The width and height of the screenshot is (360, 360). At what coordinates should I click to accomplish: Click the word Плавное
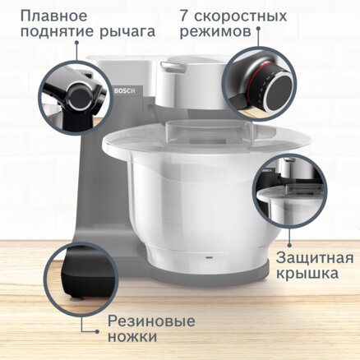[54, 16]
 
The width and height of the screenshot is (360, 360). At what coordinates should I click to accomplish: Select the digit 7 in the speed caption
[184, 16]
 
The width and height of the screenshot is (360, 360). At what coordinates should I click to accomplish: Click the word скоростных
[241, 16]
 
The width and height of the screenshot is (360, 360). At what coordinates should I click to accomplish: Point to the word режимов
[215, 32]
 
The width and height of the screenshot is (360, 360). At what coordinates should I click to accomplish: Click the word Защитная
[315, 259]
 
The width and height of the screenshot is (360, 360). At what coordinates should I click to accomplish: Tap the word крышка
[307, 274]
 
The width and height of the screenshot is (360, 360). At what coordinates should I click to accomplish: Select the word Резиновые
[151, 321]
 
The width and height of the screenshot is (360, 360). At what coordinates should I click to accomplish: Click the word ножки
[132, 336]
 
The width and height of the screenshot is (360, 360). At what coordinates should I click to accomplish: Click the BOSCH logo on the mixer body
[125, 91]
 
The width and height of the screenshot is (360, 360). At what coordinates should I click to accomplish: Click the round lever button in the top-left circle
[80, 96]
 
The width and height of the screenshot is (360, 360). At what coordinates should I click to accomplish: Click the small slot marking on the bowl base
[210, 258]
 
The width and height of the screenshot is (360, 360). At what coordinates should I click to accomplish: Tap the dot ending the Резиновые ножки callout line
[97, 331]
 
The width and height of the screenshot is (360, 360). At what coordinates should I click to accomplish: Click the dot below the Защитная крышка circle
[289, 245]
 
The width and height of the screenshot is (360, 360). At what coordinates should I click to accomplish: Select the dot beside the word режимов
[258, 28]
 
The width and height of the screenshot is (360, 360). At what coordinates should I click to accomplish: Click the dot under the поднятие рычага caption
[76, 43]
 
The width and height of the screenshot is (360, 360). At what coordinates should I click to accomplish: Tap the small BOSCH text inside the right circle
[269, 170]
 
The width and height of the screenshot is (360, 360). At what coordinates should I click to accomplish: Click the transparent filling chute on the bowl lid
[209, 132]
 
